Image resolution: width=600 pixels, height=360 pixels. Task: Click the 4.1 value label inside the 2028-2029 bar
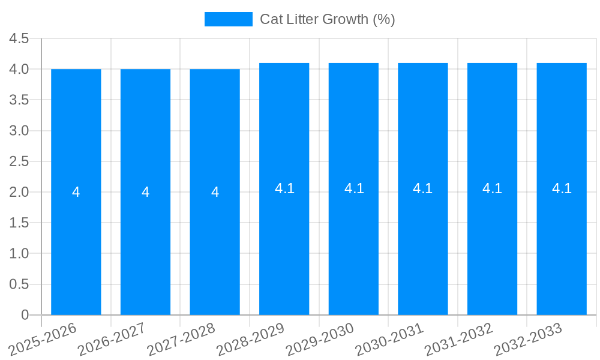click(284, 188)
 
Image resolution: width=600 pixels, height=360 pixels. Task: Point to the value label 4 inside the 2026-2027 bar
click(146, 192)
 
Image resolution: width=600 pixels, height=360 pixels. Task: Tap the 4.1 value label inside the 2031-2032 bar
click(492, 188)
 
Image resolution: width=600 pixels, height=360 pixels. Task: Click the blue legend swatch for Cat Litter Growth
click(228, 19)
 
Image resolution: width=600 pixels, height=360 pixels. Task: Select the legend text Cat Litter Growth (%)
click(327, 19)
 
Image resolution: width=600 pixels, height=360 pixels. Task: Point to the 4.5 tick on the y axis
click(19, 38)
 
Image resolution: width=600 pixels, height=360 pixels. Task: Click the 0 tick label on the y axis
click(25, 315)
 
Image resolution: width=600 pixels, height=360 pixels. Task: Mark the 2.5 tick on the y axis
click(19, 161)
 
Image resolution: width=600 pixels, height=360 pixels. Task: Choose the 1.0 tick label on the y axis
click(19, 254)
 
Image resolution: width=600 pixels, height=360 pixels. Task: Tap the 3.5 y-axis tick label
click(19, 100)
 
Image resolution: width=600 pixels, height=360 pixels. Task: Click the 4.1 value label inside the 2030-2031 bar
click(423, 188)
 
